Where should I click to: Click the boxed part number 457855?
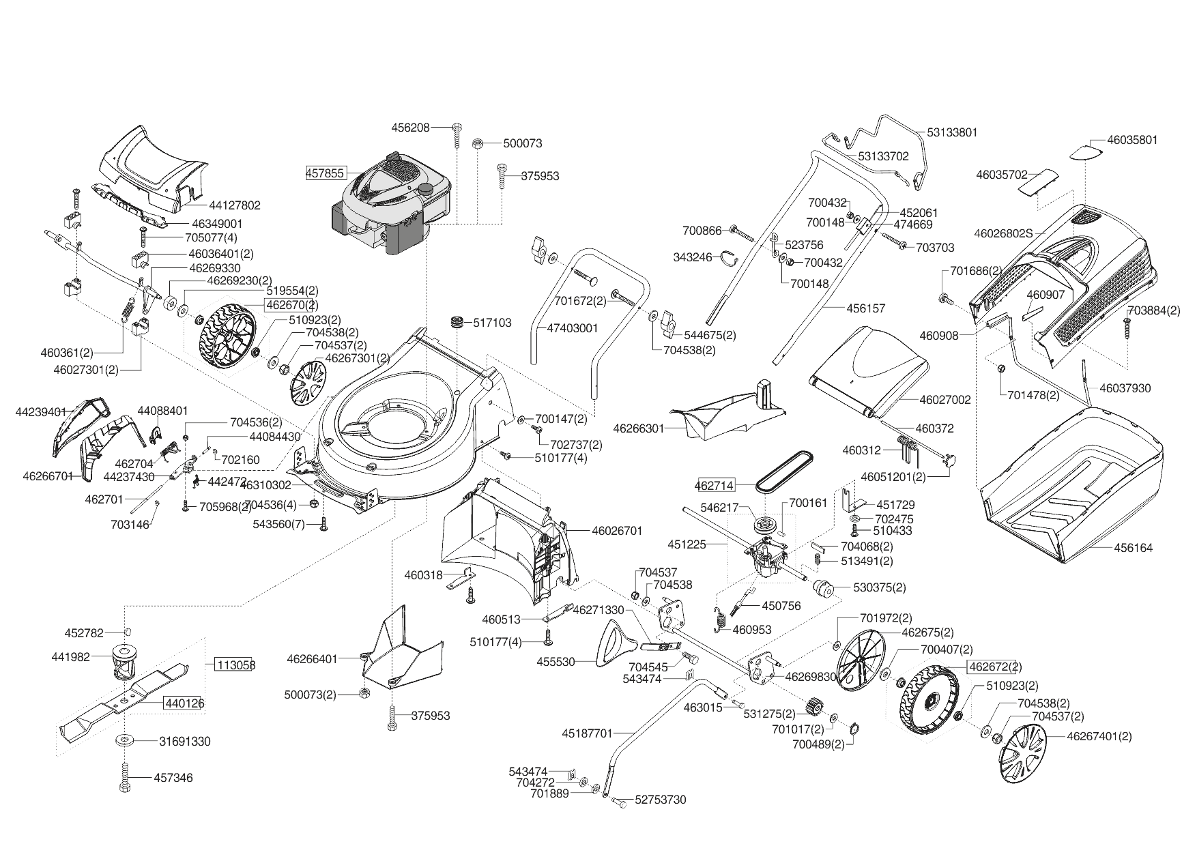325,173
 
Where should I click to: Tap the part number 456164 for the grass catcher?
1134,548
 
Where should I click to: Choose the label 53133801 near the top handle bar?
952,132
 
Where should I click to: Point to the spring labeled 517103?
456,323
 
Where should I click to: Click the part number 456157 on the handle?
866,308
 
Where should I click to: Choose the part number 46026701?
617,530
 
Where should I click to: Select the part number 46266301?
639,428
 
